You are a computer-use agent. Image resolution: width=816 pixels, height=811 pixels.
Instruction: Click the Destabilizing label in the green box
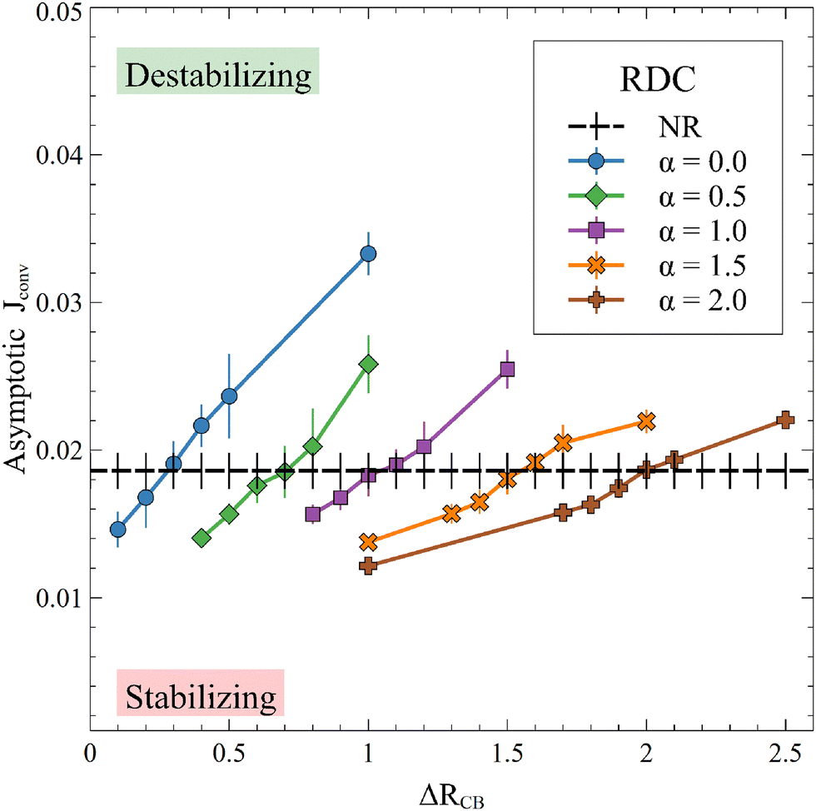click(x=218, y=77)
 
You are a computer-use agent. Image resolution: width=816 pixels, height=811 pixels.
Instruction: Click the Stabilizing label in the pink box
click(x=201, y=694)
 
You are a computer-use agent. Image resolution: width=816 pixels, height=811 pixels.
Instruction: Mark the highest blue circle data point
click(x=368, y=253)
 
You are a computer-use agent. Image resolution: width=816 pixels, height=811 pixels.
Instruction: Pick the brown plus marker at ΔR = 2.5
click(x=784, y=420)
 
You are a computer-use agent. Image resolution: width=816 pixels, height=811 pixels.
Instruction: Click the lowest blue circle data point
click(x=117, y=530)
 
